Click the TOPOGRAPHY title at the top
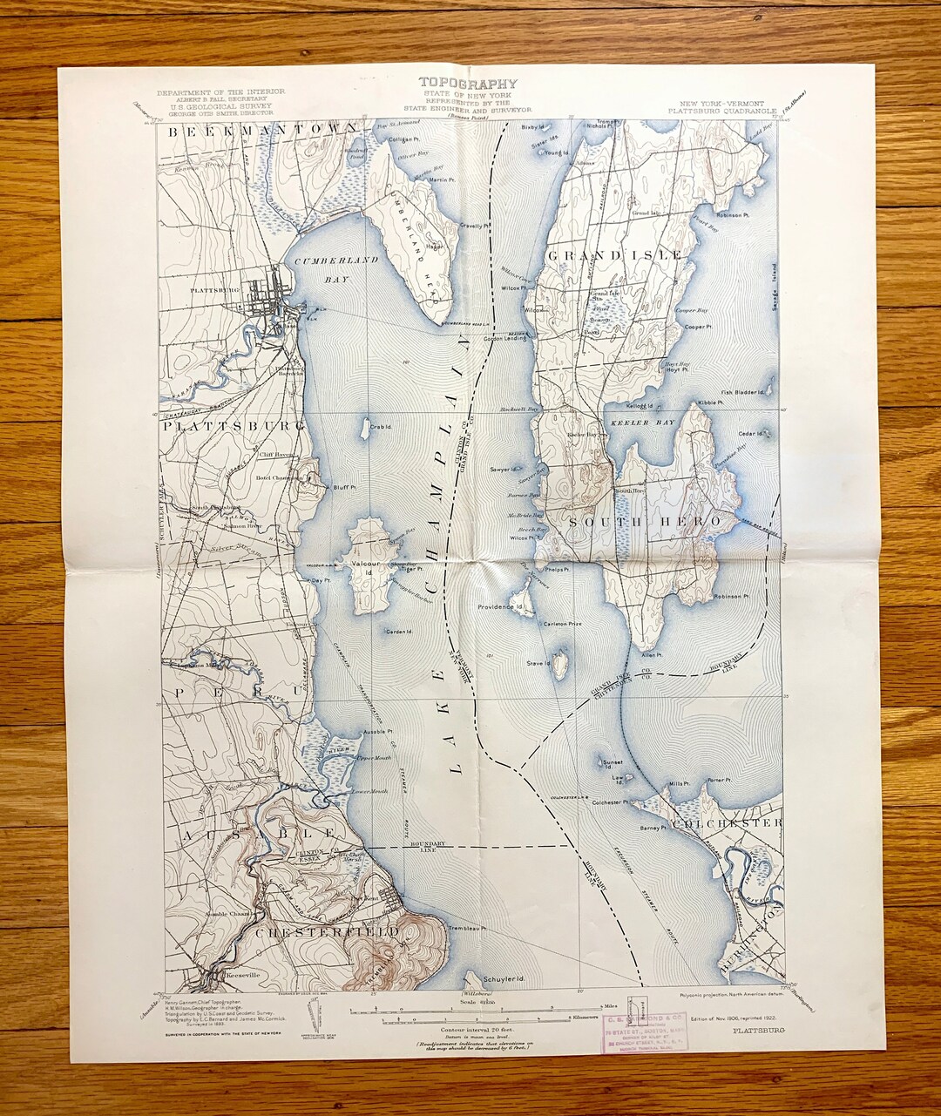tap(467, 84)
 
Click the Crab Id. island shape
tap(364, 429)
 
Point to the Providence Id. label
tap(499, 606)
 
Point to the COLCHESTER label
tap(728, 822)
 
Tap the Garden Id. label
tap(398, 632)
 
